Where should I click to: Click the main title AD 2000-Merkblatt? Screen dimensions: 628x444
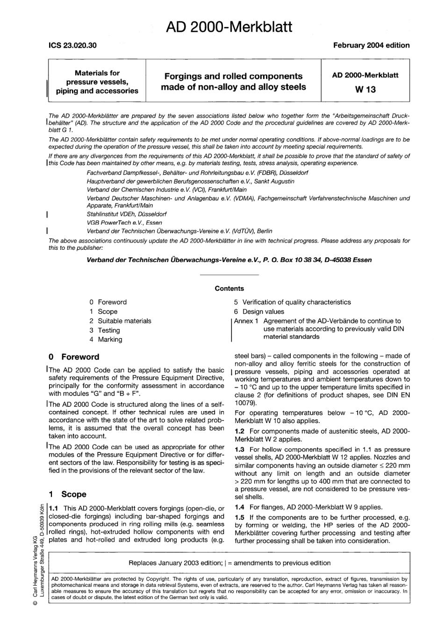coord(229,27)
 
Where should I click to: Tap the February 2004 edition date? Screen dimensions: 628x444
coord(371,45)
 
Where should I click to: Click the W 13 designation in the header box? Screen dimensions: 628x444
coord(365,89)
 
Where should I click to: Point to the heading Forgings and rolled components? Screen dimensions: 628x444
coord(233,76)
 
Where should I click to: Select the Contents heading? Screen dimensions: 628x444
coord(229,289)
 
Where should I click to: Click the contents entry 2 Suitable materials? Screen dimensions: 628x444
coord(120,321)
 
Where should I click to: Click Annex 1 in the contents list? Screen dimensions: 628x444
coord(246,321)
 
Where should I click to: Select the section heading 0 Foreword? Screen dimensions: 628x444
coord(74,357)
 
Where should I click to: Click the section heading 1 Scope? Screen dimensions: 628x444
coord(68,494)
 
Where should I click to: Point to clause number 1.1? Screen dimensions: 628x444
coord(54,508)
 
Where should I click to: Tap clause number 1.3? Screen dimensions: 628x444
coord(240,449)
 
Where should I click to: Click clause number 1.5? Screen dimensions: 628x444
coord(240,517)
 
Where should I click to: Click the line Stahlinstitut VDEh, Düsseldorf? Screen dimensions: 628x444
coord(127,214)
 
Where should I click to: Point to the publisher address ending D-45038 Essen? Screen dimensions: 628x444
coord(229,260)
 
